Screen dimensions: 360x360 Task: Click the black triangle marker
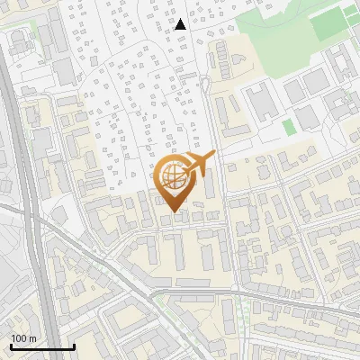tap(180, 24)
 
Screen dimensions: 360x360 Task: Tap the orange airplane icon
tap(198, 165)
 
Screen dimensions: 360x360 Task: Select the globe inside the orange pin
tap(171, 179)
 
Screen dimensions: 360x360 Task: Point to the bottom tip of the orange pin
tap(171, 212)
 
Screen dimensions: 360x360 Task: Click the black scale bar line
tap(42, 346)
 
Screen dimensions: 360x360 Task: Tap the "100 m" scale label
tap(23, 337)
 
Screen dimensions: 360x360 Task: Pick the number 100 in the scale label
tap(19, 337)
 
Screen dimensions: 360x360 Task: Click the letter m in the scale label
tap(32, 337)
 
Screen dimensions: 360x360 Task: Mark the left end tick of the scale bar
tap(11, 345)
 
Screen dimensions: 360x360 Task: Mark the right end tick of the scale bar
tap(74, 345)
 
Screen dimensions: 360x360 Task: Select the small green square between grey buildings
tap(288, 127)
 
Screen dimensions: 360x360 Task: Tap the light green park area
tap(288, 22)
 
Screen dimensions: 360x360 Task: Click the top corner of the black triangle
tap(180, 19)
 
